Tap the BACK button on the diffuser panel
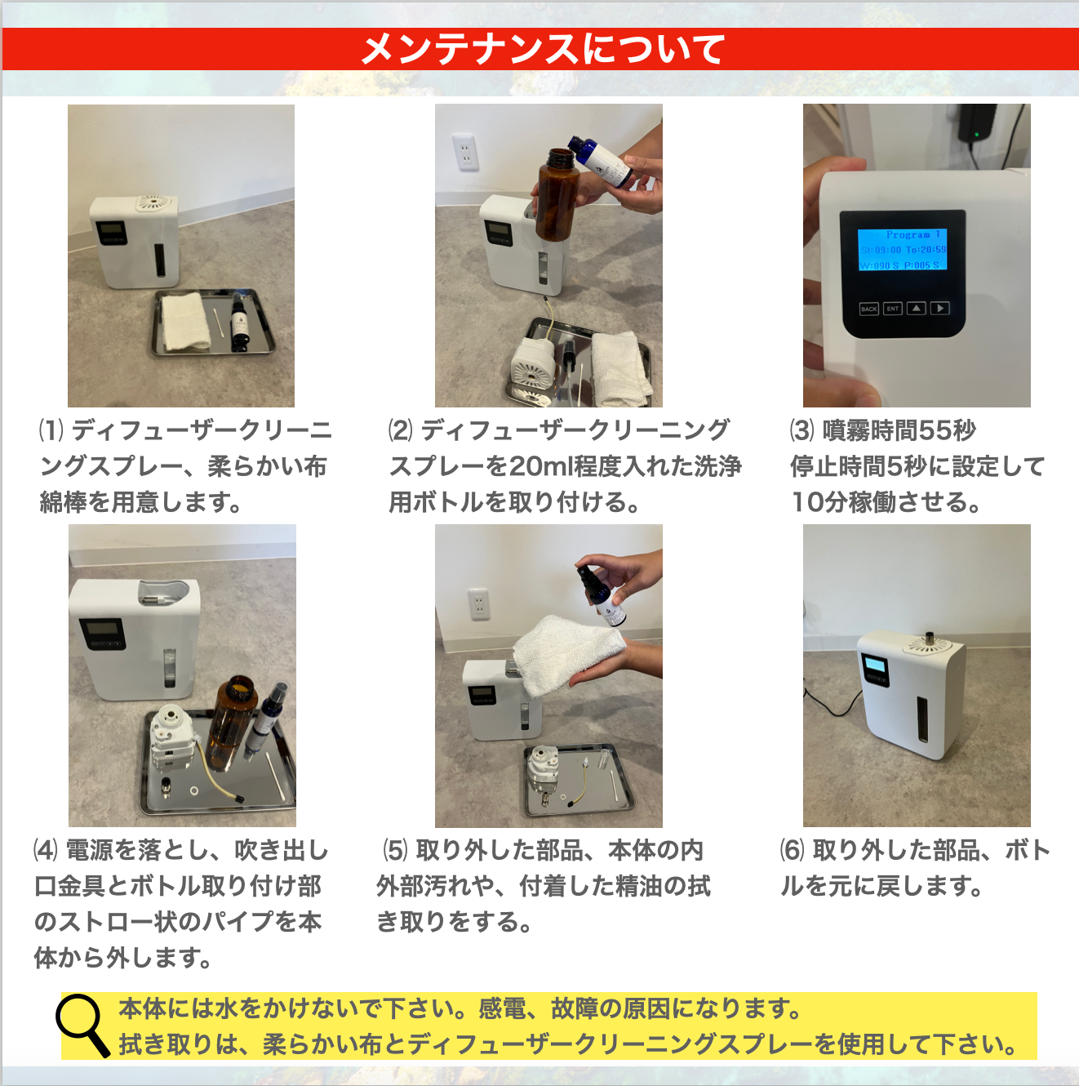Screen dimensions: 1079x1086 click(869, 309)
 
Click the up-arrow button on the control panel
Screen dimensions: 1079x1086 click(916, 309)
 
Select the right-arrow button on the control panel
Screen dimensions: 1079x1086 click(939, 309)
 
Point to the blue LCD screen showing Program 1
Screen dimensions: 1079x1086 click(902, 249)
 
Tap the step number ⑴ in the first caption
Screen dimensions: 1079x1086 click(51, 430)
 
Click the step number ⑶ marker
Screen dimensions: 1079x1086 click(802, 430)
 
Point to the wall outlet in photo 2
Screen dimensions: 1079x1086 click(465, 152)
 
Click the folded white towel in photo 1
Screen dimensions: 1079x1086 click(185, 321)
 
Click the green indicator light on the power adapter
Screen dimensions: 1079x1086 click(978, 134)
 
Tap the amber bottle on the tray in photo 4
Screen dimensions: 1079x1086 click(230, 723)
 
